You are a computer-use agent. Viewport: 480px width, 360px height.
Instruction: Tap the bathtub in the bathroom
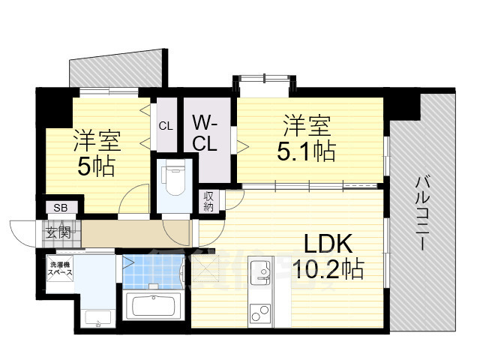point(154,306)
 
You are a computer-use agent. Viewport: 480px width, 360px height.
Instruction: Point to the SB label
point(57,208)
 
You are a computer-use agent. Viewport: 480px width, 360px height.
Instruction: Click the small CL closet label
point(165,126)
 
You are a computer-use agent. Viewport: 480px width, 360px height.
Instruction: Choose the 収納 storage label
point(208,201)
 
